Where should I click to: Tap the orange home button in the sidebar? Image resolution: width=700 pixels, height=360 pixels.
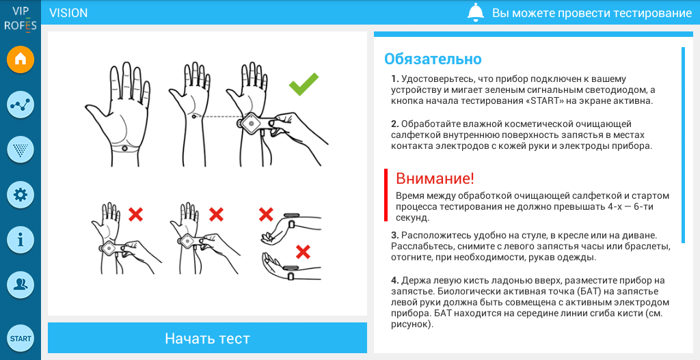point(21,59)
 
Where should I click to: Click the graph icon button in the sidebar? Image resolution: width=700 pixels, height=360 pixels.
point(21,105)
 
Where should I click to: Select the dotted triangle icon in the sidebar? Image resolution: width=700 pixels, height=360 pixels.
point(21,150)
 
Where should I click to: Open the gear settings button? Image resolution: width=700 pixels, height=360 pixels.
point(21,195)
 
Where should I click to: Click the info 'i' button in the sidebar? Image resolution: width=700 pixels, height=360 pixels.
point(21,240)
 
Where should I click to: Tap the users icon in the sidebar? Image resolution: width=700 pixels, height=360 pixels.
point(21,285)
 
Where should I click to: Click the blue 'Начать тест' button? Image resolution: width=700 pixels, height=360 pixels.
point(207,338)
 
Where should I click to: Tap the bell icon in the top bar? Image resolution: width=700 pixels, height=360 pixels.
point(476,12)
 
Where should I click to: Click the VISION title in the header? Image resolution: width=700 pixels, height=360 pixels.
point(68,13)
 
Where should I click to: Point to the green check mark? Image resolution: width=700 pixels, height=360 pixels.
point(304,84)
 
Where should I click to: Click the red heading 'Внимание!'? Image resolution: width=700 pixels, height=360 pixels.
point(435,178)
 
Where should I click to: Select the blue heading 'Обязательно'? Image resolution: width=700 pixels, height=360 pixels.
point(433,59)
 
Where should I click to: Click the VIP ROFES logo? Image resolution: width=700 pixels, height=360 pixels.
point(20,18)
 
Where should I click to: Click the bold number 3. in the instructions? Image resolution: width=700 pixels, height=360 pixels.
point(395,235)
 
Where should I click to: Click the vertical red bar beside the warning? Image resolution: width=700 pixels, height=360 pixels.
point(386,195)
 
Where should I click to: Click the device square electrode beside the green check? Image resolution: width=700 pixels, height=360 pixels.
point(251,123)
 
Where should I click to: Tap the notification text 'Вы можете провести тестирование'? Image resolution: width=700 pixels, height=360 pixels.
point(592,13)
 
